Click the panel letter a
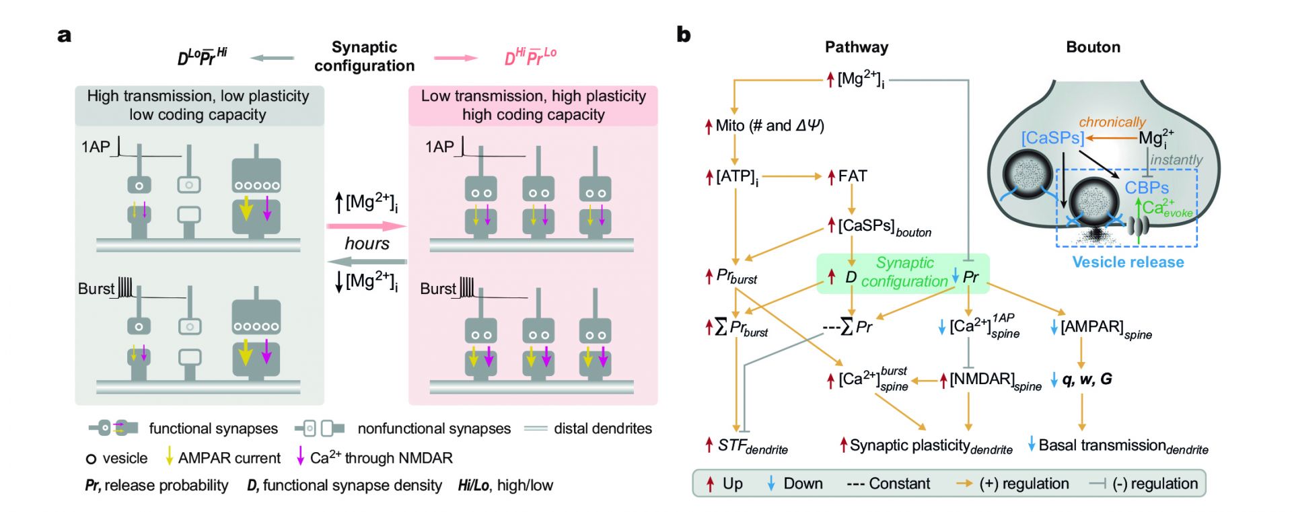tap(65, 36)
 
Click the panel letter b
tap(684, 34)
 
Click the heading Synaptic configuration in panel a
tap(364, 57)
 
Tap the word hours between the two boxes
tap(367, 243)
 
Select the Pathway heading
tap(857, 47)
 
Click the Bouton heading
tap(1093, 47)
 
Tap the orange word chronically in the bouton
tap(1112, 122)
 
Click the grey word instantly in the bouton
tap(1176, 159)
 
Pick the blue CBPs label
tap(1147, 188)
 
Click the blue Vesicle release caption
tap(1128, 262)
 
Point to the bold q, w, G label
tap(1087, 379)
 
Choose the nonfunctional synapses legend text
tap(434, 429)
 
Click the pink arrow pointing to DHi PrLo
tap(456, 59)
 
